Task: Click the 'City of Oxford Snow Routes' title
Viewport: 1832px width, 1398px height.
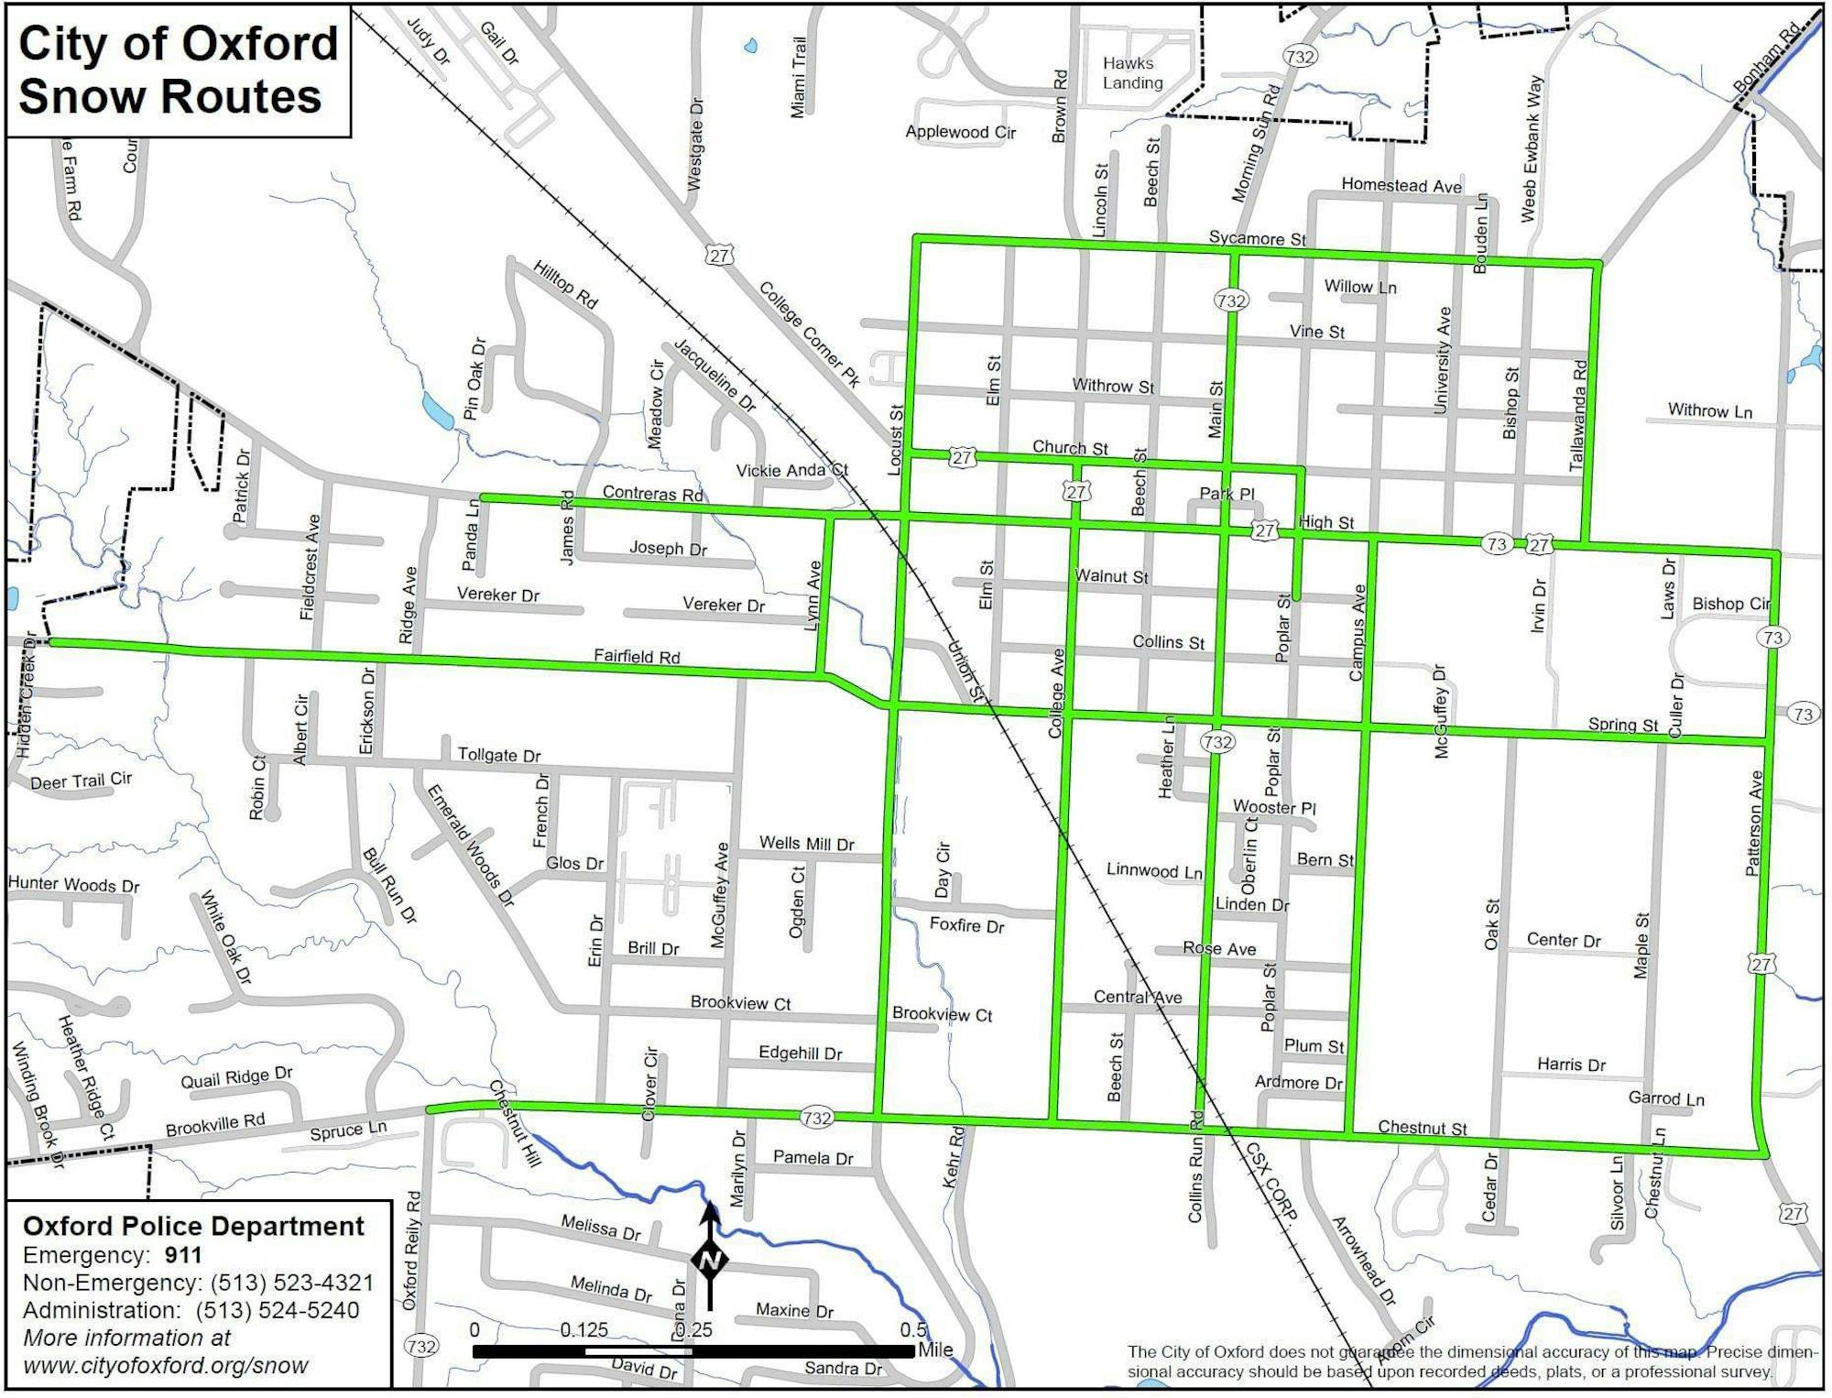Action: pos(178,70)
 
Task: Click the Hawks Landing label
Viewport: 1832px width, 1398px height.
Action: pos(1132,73)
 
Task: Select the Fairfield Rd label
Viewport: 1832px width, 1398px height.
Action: pos(637,656)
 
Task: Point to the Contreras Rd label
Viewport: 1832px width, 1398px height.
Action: pos(652,494)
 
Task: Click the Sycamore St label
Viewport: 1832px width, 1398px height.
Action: pos(1257,239)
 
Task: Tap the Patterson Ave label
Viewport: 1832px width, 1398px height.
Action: pos(1753,824)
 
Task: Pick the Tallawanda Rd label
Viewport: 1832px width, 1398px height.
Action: pos(1578,416)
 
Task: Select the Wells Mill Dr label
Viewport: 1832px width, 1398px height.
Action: pos(806,844)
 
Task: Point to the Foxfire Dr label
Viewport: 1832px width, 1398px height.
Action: pos(966,925)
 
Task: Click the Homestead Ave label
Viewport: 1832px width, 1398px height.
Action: pos(1401,186)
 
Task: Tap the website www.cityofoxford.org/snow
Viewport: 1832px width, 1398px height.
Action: pos(165,1366)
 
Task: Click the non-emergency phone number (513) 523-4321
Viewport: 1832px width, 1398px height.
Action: pos(291,1283)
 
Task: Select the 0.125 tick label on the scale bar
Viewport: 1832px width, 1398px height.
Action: pos(584,1329)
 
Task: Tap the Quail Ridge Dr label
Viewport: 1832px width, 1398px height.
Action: pos(236,1077)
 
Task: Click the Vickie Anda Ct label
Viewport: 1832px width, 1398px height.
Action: pos(791,471)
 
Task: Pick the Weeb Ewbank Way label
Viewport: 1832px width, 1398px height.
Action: pos(1532,149)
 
